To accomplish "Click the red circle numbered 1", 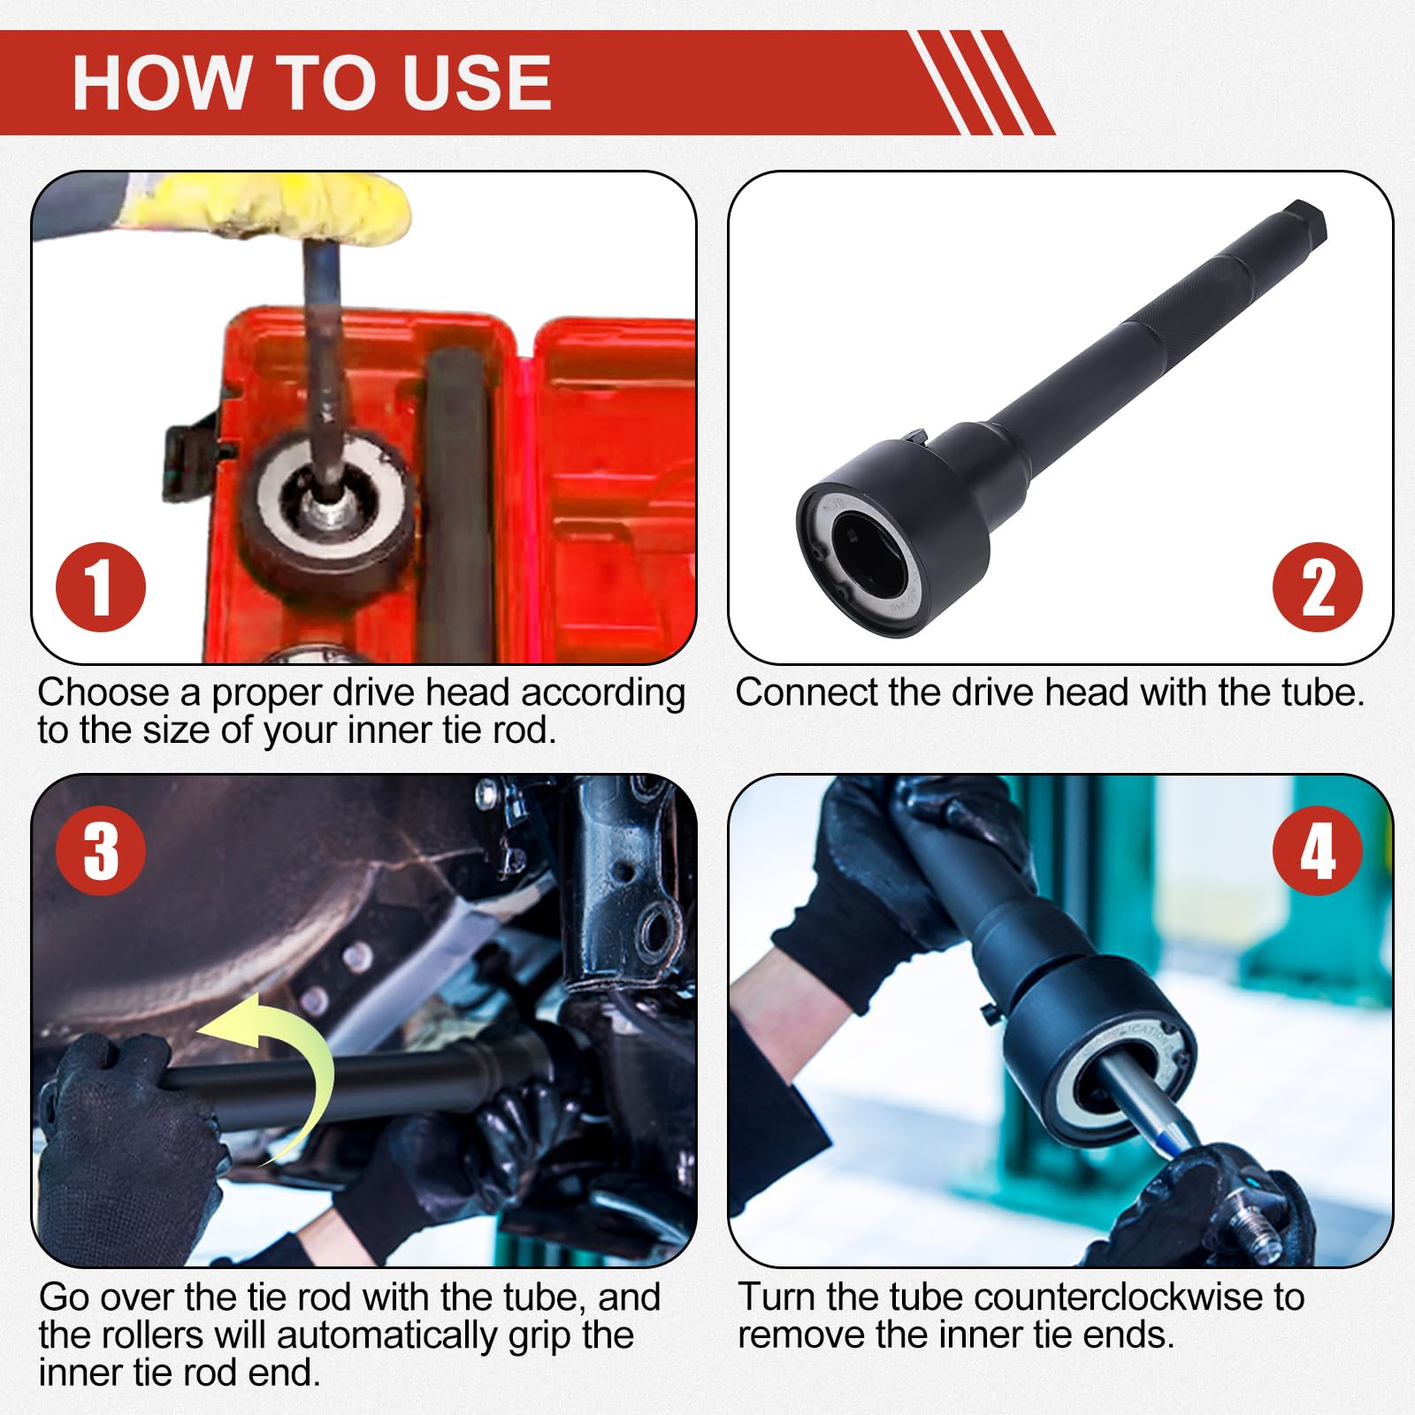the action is pyautogui.click(x=101, y=587).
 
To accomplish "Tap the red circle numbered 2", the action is pyautogui.click(x=1318, y=587).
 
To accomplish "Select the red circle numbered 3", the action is pyautogui.click(x=101, y=851).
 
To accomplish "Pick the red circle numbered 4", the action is pyautogui.click(x=1318, y=851).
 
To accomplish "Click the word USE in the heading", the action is pyautogui.click(x=476, y=82).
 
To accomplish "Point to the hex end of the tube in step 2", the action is pyautogui.click(x=1301, y=224).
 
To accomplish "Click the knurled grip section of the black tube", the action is pyautogui.click(x=1182, y=301).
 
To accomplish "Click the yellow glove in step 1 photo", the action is pyautogui.click(x=265, y=207).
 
